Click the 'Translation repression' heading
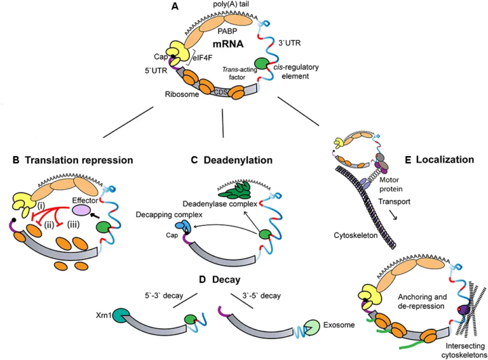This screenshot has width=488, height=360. [73, 160]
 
